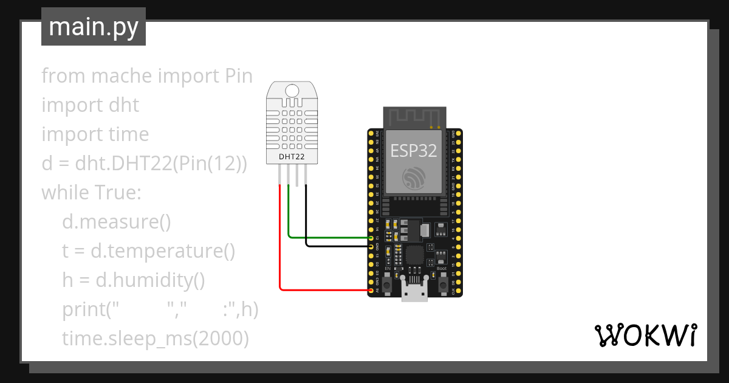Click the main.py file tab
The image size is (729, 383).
(93, 27)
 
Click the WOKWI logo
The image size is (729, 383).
(645, 335)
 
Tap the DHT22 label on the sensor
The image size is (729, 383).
(292, 157)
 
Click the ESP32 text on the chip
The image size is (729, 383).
(413, 150)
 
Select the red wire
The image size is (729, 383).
(280, 243)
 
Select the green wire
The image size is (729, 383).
(328, 236)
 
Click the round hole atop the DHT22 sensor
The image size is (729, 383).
(292, 92)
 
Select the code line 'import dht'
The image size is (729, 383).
(90, 105)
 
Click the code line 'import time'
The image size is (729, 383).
(95, 134)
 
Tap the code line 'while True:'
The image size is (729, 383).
(91, 193)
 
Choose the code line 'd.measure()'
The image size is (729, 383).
(117, 222)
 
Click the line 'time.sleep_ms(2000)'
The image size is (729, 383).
(156, 339)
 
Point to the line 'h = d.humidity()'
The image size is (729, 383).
(134, 280)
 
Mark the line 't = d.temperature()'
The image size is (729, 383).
(148, 251)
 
